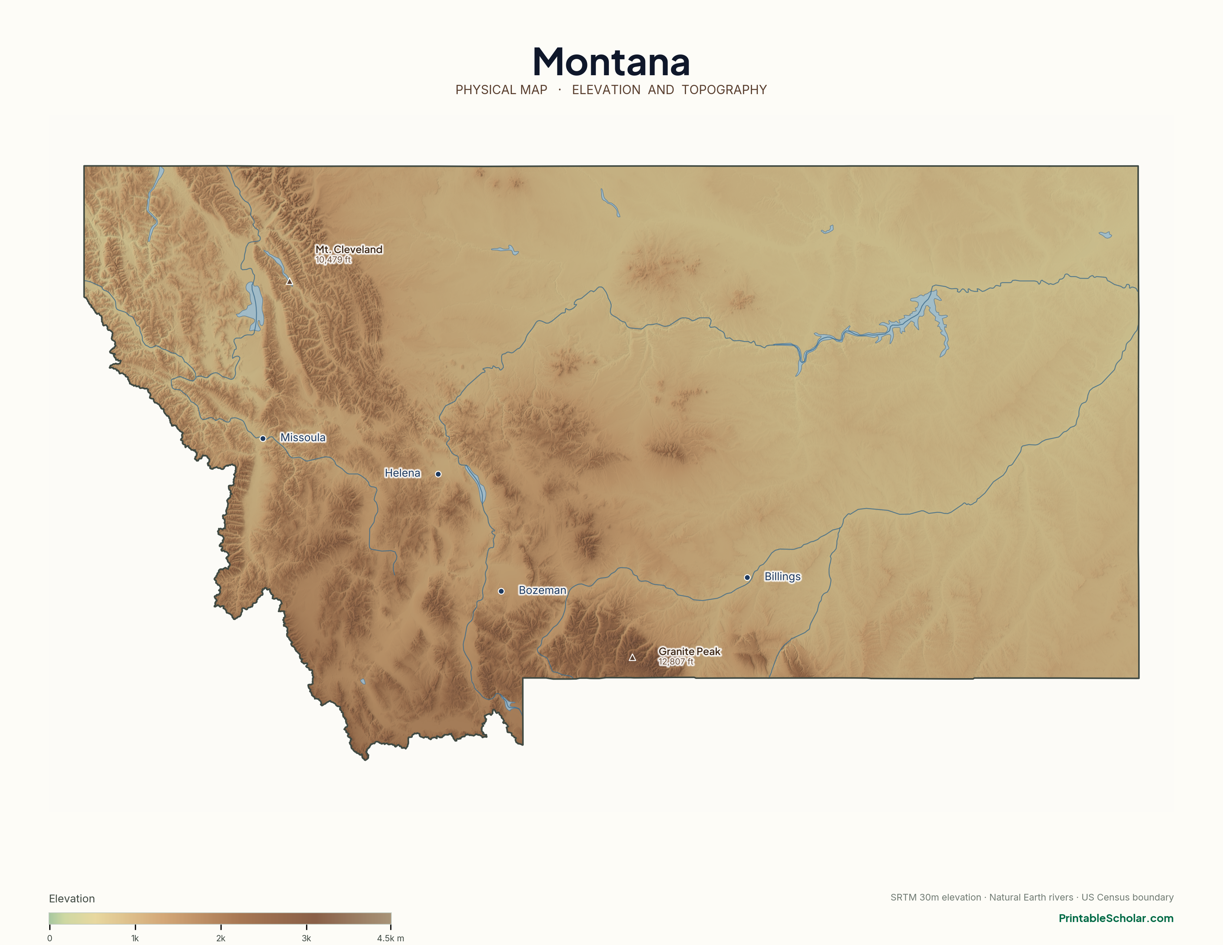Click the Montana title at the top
pos(611,62)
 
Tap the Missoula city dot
pos(263,438)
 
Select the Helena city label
pos(402,473)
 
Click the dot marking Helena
pos(438,474)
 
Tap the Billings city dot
pos(747,577)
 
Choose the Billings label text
pos(782,577)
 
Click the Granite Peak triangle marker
pos(632,658)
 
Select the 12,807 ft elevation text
pos(675,662)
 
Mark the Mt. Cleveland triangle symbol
pos(289,282)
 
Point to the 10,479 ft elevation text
pos(333,260)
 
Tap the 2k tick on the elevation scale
pos(221,929)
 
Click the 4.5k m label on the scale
pos(390,938)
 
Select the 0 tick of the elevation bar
pos(50,929)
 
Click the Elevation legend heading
pos(72,899)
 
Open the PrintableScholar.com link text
pos(1116,918)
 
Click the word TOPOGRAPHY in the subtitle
pos(724,90)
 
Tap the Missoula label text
pos(302,437)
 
